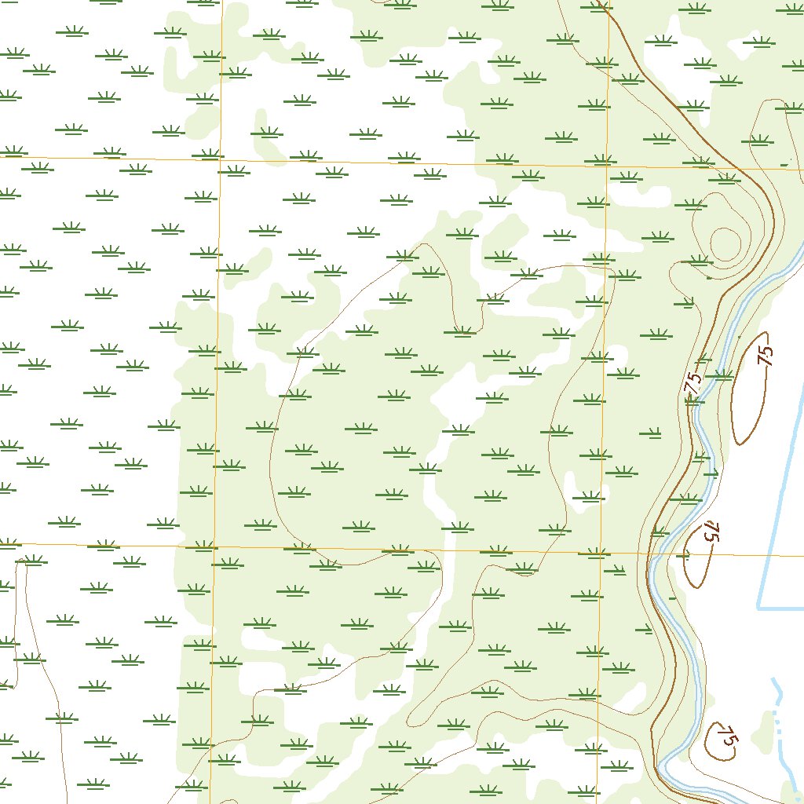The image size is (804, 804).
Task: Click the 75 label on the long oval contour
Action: [x=766, y=354]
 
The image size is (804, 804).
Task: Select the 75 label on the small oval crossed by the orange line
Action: [x=711, y=532]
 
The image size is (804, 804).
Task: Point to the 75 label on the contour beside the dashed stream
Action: [x=729, y=737]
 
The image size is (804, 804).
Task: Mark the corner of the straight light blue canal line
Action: [x=758, y=608]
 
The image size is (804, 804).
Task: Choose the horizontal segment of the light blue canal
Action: [x=781, y=608]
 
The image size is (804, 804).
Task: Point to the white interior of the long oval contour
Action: [x=750, y=393]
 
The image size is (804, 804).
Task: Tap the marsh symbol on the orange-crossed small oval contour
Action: [x=685, y=556]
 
